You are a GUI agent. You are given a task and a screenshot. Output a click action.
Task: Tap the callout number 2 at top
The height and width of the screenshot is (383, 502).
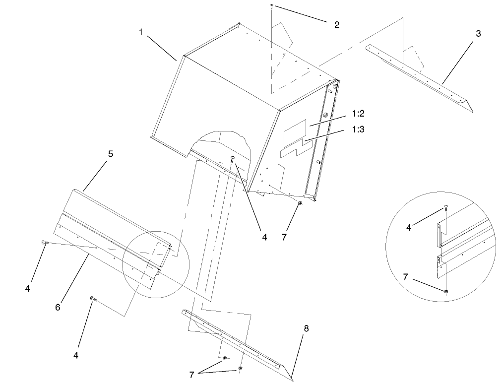pyautogui.click(x=336, y=25)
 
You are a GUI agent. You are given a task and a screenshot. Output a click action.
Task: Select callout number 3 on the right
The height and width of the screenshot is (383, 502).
pyautogui.click(x=478, y=34)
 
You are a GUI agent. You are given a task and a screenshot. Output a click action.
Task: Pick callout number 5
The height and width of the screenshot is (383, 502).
pyautogui.click(x=111, y=154)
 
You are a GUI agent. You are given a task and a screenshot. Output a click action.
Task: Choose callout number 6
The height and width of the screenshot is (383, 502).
pyautogui.click(x=58, y=307)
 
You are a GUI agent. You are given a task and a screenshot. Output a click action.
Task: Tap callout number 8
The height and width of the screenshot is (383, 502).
pyautogui.click(x=306, y=328)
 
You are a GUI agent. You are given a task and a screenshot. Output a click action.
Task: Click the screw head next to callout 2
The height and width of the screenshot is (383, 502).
pyautogui.click(x=272, y=6)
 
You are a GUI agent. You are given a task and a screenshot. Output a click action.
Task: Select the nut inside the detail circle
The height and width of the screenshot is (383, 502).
pyautogui.click(x=446, y=291)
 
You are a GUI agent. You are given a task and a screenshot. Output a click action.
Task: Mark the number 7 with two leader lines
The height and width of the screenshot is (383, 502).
pyautogui.click(x=191, y=375)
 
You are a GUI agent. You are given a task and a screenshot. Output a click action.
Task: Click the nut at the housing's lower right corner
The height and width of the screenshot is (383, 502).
pyautogui.click(x=301, y=203)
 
